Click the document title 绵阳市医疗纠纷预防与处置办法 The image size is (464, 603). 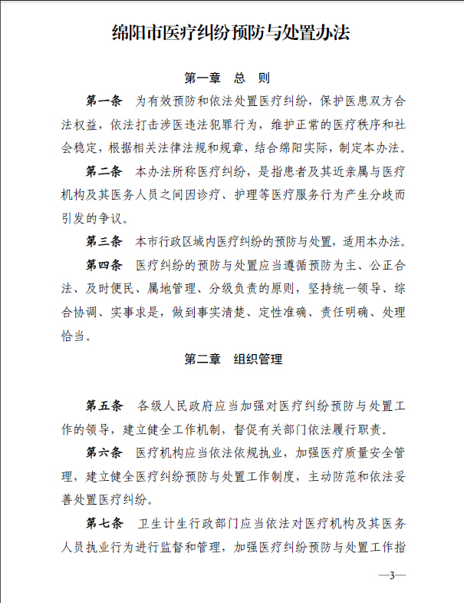pos(231,34)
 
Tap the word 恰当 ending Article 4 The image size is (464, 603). pos(74,335)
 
